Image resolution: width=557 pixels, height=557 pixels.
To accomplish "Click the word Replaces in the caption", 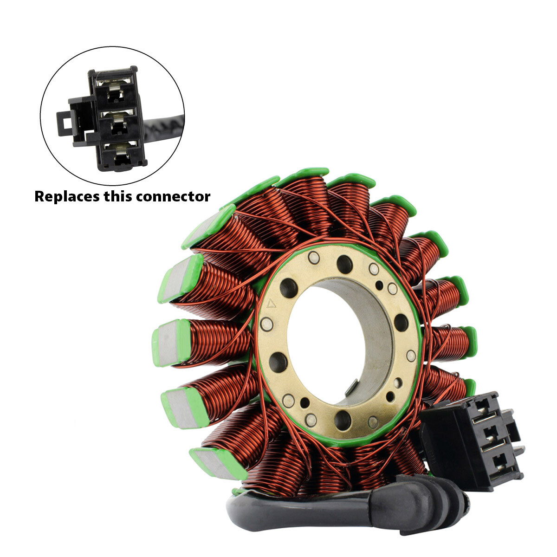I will point(67,196).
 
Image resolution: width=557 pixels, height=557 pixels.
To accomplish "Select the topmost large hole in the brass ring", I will point(344,264).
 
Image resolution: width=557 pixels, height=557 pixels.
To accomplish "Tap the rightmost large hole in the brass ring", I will point(401,322).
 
